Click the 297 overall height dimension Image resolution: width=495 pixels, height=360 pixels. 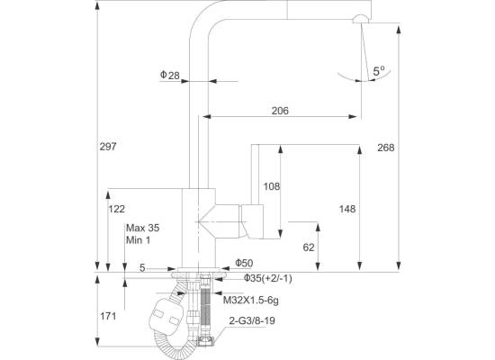tap(108, 147)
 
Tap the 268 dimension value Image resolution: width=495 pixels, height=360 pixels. tap(386, 148)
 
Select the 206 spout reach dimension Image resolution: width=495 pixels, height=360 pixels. tap(280, 111)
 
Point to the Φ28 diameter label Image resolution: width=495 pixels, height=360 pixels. tap(170, 76)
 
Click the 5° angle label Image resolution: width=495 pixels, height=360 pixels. tap(379, 71)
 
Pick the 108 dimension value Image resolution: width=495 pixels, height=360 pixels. tap(272, 186)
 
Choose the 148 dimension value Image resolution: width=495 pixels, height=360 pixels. tap(347, 209)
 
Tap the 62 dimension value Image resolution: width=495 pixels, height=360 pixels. tap(309, 247)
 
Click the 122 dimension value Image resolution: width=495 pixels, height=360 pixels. tap(117, 209)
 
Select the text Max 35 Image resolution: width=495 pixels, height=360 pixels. tap(143, 228)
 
